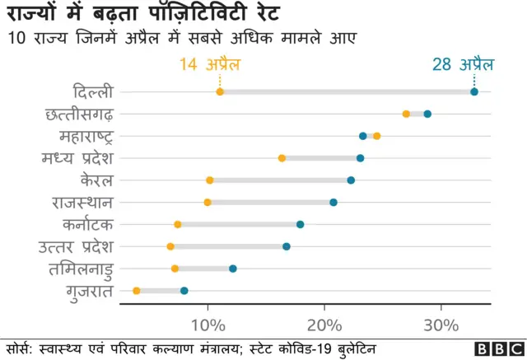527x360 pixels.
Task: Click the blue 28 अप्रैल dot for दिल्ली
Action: (474, 91)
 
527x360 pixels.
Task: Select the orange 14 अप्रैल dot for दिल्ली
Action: (220, 91)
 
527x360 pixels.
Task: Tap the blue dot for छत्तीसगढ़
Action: (427, 114)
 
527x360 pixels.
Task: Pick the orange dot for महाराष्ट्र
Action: (377, 136)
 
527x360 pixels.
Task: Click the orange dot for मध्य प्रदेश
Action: (282, 157)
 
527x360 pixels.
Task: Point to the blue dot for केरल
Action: (351, 180)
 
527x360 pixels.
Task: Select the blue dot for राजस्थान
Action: (333, 202)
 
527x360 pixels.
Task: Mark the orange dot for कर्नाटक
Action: (178, 224)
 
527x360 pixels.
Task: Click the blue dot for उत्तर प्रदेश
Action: (287, 246)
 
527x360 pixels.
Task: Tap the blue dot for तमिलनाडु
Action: (233, 269)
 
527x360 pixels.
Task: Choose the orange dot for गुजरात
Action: (137, 291)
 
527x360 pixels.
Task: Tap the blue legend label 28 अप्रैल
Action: (465, 64)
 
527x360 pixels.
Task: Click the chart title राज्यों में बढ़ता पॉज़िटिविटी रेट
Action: (144, 14)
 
